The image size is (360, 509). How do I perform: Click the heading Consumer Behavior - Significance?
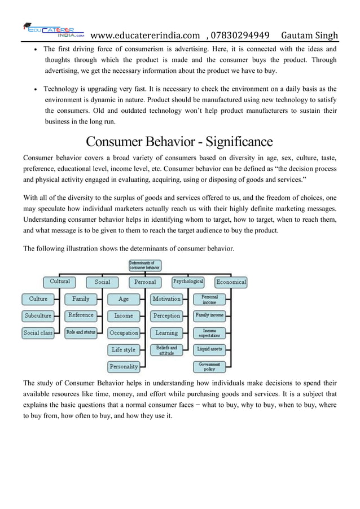point(179,141)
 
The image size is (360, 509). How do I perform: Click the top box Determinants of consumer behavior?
point(145,265)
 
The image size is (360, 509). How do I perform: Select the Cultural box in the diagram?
point(60,281)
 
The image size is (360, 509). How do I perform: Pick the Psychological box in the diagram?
point(188,281)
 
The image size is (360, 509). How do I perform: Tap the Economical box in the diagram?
point(231,282)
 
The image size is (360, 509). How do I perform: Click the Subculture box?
point(38,315)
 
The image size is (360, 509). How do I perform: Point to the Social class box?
point(38,333)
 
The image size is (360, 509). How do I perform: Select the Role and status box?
point(81,333)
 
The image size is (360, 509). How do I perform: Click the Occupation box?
point(124,333)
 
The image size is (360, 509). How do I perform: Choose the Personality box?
point(124,366)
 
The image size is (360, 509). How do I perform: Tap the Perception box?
point(166,315)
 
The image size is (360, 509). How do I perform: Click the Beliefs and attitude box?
point(166,350)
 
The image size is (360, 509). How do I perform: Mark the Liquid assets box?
point(209,350)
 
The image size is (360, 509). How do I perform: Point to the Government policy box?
point(209,366)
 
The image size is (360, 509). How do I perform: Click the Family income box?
point(209,315)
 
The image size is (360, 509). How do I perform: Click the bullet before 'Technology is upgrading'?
point(36,90)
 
